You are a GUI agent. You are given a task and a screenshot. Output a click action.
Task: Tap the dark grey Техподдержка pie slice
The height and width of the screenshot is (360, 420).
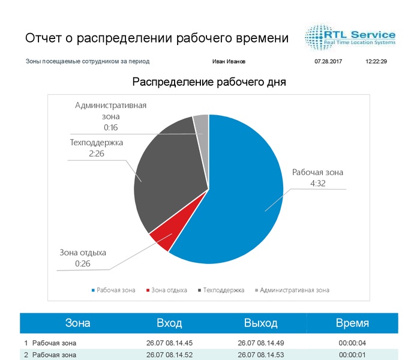[168, 174]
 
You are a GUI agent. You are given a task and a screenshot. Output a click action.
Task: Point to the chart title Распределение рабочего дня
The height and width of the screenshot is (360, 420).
[209, 82]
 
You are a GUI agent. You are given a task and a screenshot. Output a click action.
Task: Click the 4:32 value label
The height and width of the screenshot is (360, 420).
[317, 184]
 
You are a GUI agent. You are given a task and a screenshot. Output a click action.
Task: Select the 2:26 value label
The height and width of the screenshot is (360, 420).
[97, 154]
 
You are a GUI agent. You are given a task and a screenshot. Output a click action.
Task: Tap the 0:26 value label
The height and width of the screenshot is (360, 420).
[83, 263]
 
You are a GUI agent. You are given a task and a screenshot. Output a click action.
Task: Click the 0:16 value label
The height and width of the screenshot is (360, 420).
[110, 127]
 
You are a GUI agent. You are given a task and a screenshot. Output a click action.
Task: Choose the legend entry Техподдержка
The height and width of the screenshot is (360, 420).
[223, 290]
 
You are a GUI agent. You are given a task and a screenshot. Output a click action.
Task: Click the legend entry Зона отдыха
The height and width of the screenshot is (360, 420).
[169, 290]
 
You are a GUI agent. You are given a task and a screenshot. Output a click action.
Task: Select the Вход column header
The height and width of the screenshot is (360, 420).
[169, 323]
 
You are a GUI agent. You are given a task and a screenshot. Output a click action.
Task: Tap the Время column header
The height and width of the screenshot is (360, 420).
[352, 323]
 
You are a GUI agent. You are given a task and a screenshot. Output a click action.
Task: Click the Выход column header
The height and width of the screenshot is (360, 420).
[260, 323]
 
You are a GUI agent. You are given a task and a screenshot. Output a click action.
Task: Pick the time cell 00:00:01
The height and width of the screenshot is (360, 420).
[352, 355]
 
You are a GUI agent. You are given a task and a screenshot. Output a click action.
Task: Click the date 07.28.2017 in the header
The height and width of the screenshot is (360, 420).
[328, 61]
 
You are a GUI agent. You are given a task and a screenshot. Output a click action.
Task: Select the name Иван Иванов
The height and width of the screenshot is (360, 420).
[229, 61]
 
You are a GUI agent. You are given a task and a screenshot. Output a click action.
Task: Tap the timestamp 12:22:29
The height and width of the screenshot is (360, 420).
[376, 61]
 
